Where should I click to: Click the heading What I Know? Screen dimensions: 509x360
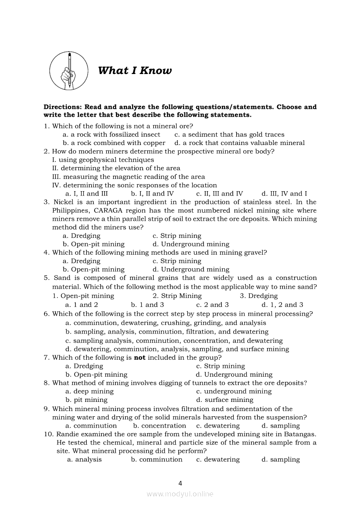(135, 71)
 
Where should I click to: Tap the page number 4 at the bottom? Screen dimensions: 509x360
(180, 483)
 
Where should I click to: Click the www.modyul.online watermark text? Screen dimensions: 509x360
(180, 494)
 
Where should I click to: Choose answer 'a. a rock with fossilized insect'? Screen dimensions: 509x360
(112, 135)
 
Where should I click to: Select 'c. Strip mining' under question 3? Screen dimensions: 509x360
(177, 236)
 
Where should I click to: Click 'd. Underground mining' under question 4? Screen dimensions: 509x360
(190, 269)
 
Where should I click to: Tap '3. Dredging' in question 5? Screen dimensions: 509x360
(258, 296)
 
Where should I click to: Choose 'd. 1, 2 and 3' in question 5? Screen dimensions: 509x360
(282, 305)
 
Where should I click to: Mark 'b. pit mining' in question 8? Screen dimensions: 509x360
(86, 400)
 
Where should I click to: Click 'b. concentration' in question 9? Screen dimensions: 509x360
(160, 425)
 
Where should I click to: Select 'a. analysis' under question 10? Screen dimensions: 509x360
(84, 459)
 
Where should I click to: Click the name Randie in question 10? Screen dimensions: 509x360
(68, 434)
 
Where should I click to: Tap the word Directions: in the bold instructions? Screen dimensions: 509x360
(62, 107)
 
